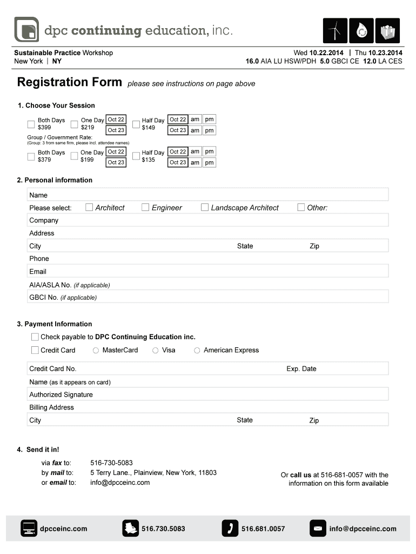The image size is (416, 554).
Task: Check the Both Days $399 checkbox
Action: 31,124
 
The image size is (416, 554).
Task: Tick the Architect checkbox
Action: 89,207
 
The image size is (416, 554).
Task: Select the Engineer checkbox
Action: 145,207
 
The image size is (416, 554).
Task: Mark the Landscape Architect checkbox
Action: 205,207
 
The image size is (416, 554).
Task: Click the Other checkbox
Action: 301,207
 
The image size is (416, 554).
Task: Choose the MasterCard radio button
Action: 96,351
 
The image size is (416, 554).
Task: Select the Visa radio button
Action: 156,351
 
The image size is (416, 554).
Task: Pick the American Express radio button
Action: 197,351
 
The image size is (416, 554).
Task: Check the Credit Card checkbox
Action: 35,350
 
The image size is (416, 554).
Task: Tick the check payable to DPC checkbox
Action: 35,337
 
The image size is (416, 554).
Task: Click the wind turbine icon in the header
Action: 335,31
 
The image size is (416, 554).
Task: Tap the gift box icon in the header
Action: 388,31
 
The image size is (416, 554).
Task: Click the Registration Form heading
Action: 70,83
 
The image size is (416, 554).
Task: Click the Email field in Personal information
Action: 216,272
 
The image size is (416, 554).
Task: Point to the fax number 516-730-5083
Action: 111,463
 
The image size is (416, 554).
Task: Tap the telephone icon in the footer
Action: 230,528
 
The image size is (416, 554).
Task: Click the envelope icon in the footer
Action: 318,528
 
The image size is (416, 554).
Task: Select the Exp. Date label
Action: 301,369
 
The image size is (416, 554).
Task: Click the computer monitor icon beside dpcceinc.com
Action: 29,528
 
